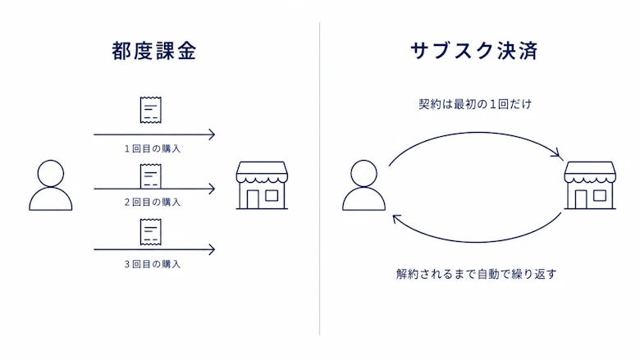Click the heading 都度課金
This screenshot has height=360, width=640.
pyautogui.click(x=154, y=51)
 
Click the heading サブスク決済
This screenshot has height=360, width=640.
pyautogui.click(x=474, y=51)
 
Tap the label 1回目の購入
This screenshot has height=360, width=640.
pyautogui.click(x=153, y=148)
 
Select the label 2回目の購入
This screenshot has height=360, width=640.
pyautogui.click(x=153, y=203)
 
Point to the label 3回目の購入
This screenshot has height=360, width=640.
pyautogui.click(x=153, y=264)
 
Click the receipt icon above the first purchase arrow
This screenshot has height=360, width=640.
pyautogui.click(x=151, y=110)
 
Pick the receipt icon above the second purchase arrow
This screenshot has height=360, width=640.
pyautogui.click(x=151, y=176)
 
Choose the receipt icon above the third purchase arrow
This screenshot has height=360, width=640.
pyautogui.click(x=151, y=232)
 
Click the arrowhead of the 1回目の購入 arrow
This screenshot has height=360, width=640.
pyautogui.click(x=213, y=134)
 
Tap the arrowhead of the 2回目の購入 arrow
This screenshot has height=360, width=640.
pyautogui.click(x=213, y=189)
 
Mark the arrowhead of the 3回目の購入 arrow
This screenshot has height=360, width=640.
pyautogui.click(x=213, y=249)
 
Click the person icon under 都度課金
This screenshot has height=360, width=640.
pyautogui.click(x=51, y=185)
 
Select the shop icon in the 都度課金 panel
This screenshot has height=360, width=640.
pyautogui.click(x=262, y=185)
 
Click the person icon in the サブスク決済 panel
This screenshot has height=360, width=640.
pyautogui.click(x=363, y=185)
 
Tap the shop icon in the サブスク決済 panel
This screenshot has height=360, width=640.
pyautogui.click(x=590, y=185)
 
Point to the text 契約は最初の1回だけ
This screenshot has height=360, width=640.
pyautogui.click(x=475, y=104)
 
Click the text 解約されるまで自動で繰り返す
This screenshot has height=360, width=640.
pyautogui.click(x=477, y=274)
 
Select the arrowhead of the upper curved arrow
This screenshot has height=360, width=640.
pyautogui.click(x=558, y=154)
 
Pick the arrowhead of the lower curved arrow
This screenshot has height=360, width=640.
pyautogui.click(x=396, y=219)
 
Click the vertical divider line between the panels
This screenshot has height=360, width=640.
pyautogui.click(x=320, y=179)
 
